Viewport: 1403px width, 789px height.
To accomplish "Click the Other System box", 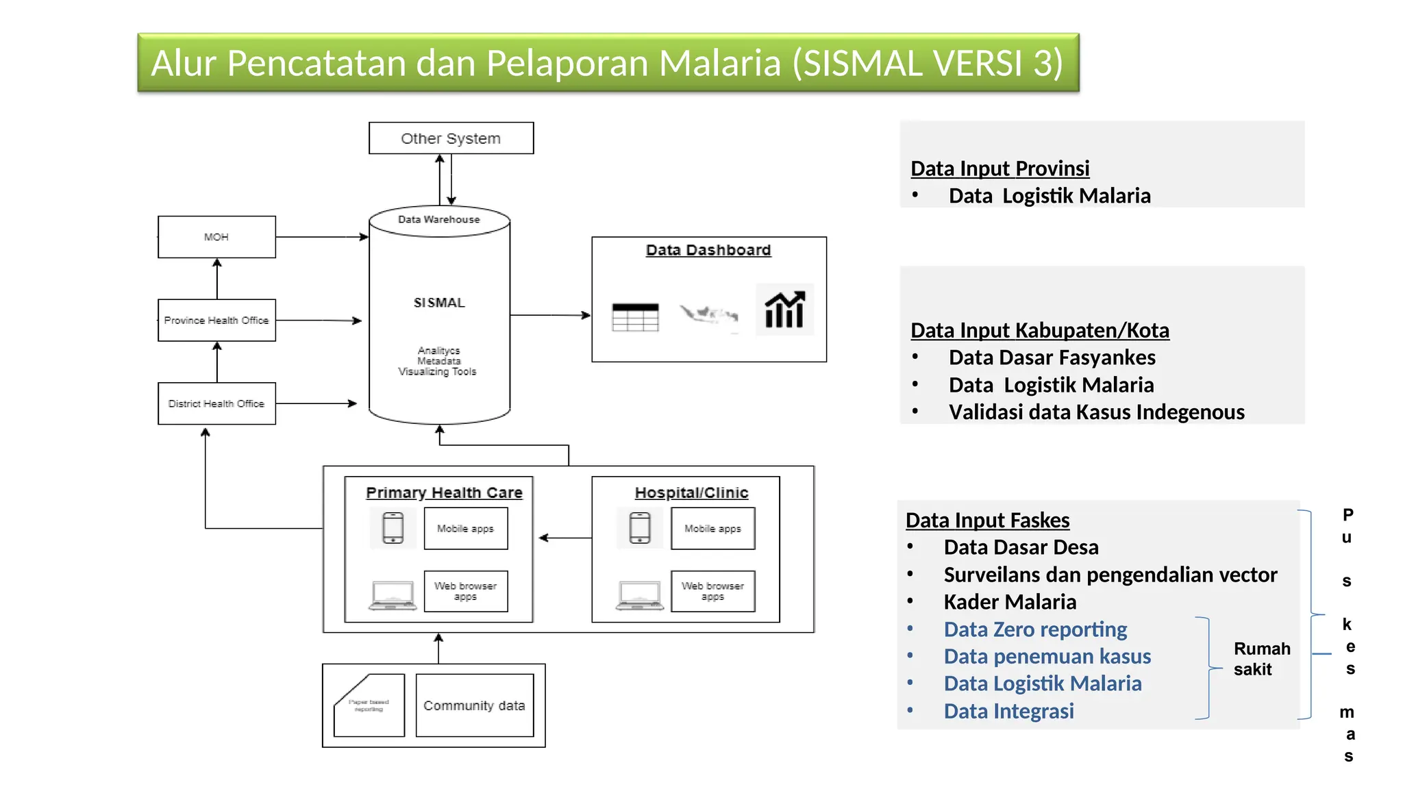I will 451,138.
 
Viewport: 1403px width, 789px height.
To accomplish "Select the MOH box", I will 216,237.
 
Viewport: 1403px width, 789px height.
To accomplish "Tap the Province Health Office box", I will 216,320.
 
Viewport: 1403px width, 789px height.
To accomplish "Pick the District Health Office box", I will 216,403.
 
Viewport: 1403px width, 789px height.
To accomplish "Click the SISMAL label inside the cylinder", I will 439,303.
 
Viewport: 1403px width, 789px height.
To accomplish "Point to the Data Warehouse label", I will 439,220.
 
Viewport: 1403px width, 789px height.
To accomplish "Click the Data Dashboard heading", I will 708,250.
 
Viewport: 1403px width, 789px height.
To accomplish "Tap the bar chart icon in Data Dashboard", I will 784,310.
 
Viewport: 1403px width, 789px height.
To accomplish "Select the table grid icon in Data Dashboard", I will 635,317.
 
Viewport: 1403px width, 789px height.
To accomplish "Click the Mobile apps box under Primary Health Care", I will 466,529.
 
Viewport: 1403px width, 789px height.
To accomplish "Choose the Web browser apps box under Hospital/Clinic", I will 712,591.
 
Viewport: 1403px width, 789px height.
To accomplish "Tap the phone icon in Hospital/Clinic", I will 640,528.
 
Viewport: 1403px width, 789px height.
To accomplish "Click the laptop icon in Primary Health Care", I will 393,595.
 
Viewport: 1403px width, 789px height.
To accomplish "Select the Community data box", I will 474,705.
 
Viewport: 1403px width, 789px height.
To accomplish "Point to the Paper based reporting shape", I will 369,706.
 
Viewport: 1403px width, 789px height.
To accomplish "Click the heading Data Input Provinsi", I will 1000,168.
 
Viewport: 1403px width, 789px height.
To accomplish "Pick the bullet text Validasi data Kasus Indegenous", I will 1096,412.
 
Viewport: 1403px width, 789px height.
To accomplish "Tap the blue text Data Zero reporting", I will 1035,629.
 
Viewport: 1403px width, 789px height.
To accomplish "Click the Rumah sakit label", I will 1261,659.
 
